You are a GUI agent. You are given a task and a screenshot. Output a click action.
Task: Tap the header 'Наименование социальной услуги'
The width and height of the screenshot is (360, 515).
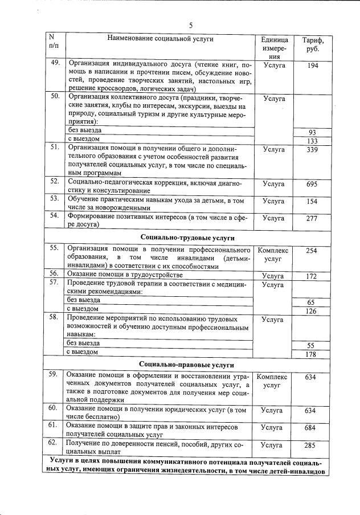point(159,38)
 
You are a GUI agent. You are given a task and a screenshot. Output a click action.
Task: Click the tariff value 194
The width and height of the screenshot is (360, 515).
point(312,67)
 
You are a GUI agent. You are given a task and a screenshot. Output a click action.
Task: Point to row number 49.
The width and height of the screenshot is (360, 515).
point(55,63)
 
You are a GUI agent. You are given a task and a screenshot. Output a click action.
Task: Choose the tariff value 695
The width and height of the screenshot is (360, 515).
point(312,185)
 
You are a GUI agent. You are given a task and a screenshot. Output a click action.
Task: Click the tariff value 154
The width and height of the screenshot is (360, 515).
point(312,202)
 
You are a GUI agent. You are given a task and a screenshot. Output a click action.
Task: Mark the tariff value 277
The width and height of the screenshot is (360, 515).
point(312,218)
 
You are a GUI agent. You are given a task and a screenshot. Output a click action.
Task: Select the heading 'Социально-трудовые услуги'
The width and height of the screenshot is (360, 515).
point(187,237)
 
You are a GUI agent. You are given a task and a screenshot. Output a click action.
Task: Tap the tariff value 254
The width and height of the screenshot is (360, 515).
point(312,251)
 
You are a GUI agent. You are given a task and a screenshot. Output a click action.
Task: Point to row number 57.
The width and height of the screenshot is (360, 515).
point(55,283)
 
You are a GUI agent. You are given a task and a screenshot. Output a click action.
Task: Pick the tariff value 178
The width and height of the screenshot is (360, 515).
point(312,355)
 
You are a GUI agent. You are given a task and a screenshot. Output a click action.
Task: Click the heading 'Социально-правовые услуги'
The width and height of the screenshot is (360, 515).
point(187,365)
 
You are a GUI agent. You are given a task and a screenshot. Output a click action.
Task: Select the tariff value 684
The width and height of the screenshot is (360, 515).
point(312,427)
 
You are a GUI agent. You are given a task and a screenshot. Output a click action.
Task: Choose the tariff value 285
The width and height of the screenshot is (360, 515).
point(312,445)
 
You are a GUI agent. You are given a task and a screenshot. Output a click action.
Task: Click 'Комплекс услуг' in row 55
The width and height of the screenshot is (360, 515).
point(273,254)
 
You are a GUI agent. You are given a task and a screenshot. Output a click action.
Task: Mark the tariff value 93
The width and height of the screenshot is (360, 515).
point(312,133)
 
